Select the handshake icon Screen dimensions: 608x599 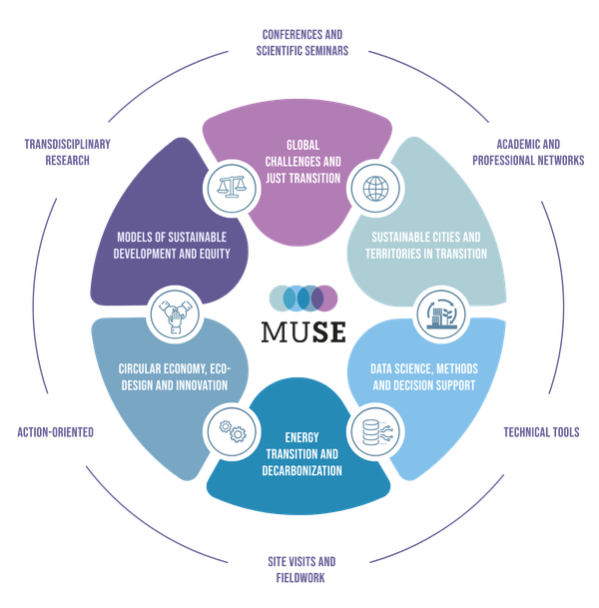[171, 313]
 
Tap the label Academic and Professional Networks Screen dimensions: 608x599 [528, 152]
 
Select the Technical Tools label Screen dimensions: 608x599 [540, 432]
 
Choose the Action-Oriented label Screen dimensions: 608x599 [56, 432]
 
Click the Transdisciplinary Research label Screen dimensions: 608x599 [67, 152]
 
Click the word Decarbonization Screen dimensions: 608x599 [299, 468]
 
